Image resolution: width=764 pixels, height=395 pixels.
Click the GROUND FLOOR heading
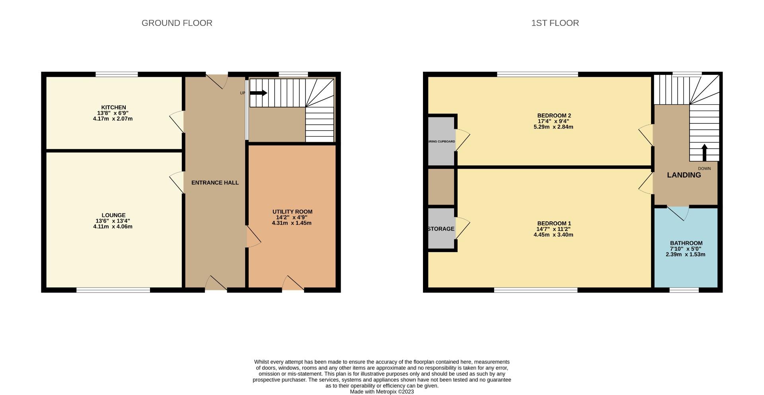(177, 23)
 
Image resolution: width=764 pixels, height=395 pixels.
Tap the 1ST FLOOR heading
(555, 23)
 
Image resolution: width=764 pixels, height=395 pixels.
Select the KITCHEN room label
(113, 107)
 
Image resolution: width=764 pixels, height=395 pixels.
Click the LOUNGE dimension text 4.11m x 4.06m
(113, 227)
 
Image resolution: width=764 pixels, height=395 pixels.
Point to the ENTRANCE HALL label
(215, 183)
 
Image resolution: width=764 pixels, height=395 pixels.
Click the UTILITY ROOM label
(292, 211)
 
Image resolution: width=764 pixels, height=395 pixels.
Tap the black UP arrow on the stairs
(259, 93)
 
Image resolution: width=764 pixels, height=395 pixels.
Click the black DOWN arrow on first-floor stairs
(704, 152)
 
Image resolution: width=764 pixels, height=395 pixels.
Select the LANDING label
(684, 175)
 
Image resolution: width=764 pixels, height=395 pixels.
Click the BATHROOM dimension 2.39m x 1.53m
(685, 254)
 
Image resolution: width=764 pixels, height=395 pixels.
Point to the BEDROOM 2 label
(554, 115)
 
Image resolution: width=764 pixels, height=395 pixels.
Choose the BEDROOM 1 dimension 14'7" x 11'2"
(553, 229)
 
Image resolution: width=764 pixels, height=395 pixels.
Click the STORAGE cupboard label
(441, 229)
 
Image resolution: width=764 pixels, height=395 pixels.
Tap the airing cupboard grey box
(441, 141)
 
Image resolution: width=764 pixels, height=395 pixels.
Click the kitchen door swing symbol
(177, 121)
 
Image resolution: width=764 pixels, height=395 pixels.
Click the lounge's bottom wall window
(113, 290)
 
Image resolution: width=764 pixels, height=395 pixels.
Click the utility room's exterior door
(293, 284)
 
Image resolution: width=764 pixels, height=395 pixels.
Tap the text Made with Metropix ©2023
(382, 391)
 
